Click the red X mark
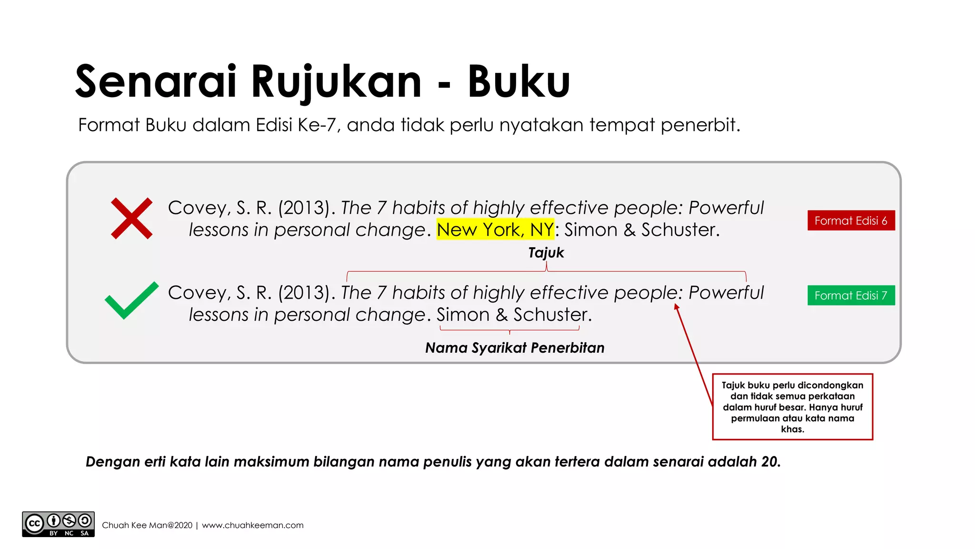pos(131,218)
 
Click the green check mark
pos(131,300)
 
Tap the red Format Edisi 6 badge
pos(851,221)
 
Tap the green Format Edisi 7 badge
pos(851,295)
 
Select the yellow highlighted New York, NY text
pos(495,230)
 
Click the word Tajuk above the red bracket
pos(546,253)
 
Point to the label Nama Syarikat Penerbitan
pos(515,348)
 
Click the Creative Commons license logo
pos(58,524)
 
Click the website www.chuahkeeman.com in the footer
pos(252,525)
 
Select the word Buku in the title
pos(518,82)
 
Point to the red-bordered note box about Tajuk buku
pos(792,407)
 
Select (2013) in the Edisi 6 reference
pos(304,208)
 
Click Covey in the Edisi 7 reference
pos(197,293)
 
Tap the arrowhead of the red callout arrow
pos(676,307)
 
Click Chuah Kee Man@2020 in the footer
pos(147,525)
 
